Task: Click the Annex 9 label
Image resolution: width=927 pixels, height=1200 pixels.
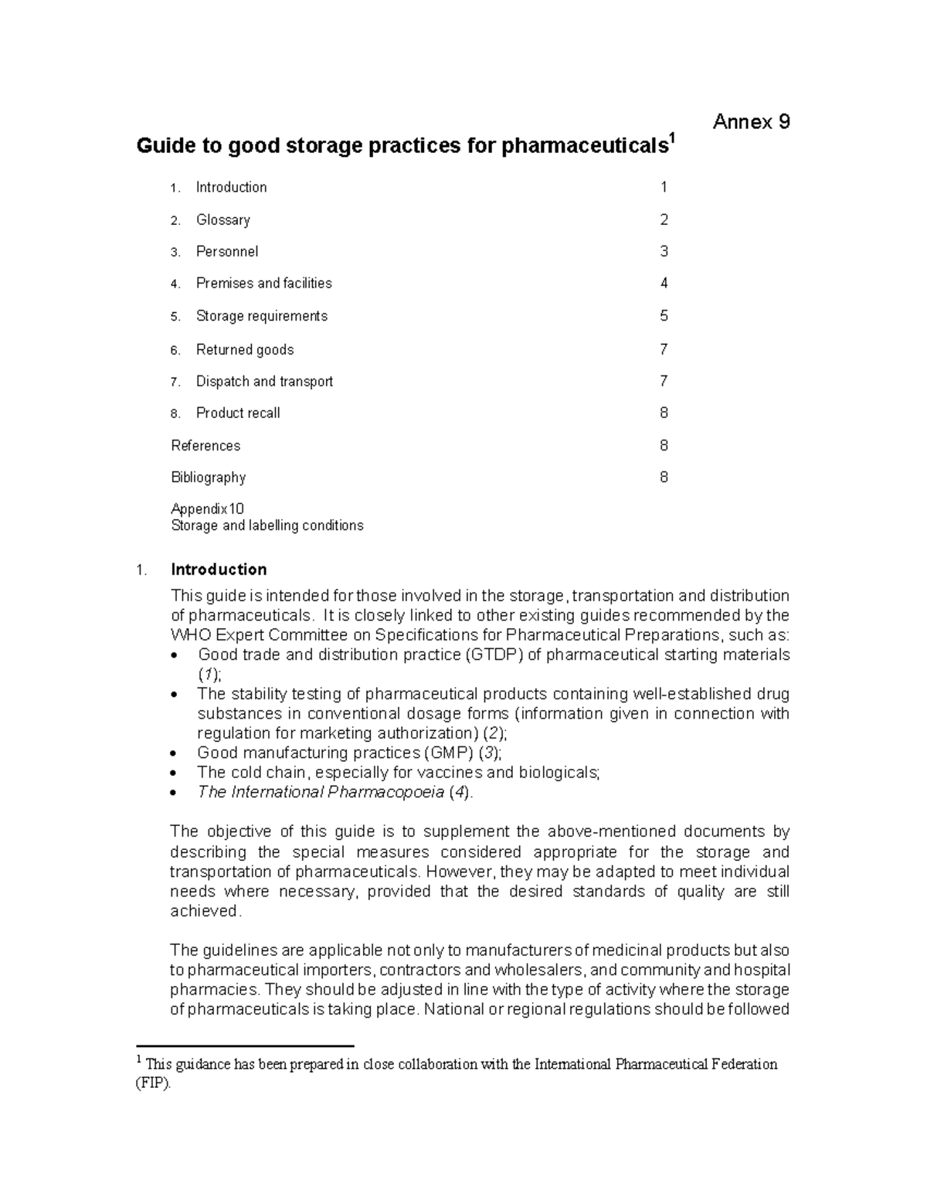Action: [x=751, y=122]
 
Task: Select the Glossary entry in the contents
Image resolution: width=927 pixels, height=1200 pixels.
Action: [x=222, y=220]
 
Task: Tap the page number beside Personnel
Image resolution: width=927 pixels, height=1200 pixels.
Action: [x=664, y=252]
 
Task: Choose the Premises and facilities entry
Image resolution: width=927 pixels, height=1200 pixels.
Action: [x=263, y=284]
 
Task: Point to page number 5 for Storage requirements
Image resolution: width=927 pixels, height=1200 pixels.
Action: [x=664, y=316]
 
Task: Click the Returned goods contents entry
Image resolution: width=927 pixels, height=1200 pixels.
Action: [x=244, y=350]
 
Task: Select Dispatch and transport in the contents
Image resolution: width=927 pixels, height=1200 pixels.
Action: [x=264, y=382]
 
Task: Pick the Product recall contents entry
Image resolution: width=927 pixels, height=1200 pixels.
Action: [x=238, y=413]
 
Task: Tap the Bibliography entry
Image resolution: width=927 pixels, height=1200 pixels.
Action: [x=208, y=478]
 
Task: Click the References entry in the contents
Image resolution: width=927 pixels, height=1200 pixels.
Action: [x=205, y=446]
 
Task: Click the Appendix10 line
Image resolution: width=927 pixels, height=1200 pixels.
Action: [x=207, y=509]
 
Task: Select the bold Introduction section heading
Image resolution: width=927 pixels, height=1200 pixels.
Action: [x=219, y=569]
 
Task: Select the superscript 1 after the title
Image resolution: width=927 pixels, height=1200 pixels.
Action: [x=672, y=138]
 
